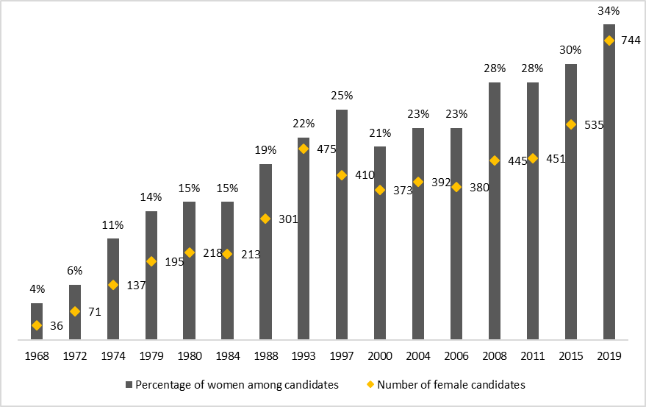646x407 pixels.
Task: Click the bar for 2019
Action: (x=609, y=191)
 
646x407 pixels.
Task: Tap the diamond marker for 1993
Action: (x=304, y=149)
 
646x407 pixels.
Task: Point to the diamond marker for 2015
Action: (x=571, y=124)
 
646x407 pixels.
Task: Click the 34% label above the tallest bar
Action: (x=609, y=11)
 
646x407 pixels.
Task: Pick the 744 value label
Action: (x=631, y=40)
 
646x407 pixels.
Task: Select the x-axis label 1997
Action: (x=342, y=355)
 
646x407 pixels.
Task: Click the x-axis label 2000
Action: (x=380, y=355)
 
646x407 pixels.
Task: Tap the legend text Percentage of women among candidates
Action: (x=237, y=384)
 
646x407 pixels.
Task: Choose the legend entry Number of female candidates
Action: (x=451, y=384)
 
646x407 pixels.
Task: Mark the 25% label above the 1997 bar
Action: (x=342, y=96)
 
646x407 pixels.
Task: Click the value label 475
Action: (x=326, y=149)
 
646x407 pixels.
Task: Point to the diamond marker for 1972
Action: (x=75, y=311)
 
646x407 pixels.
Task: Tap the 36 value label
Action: (x=57, y=326)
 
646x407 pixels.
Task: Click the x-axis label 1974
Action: (x=113, y=355)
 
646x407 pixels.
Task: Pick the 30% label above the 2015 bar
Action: (x=571, y=50)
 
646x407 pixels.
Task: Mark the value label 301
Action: (x=288, y=219)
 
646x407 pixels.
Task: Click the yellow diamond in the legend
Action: (x=370, y=384)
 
